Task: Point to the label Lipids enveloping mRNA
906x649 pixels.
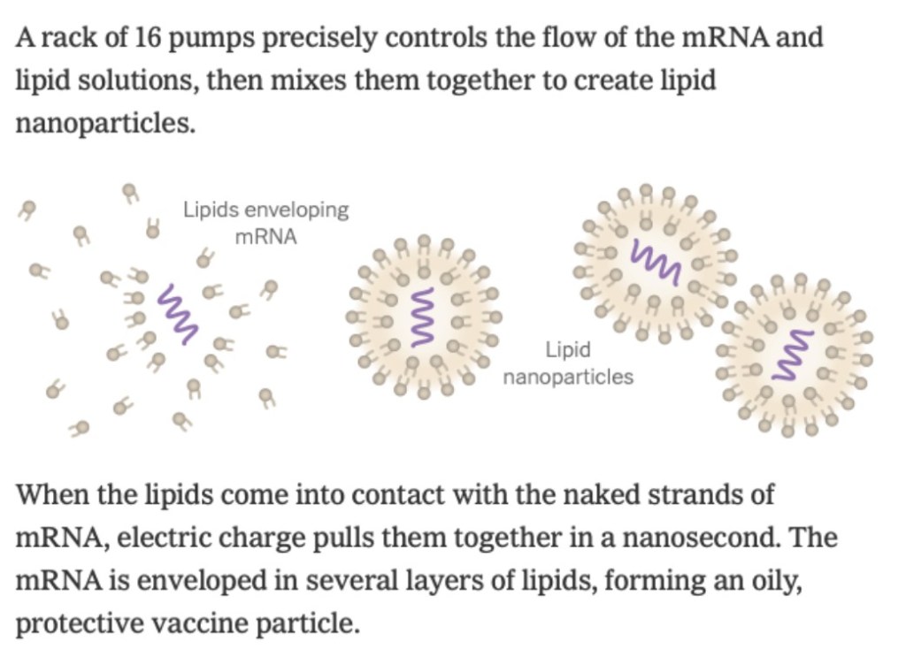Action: click(x=265, y=223)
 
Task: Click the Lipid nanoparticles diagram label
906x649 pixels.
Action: click(x=568, y=363)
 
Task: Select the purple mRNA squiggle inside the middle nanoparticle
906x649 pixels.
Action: click(x=422, y=317)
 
